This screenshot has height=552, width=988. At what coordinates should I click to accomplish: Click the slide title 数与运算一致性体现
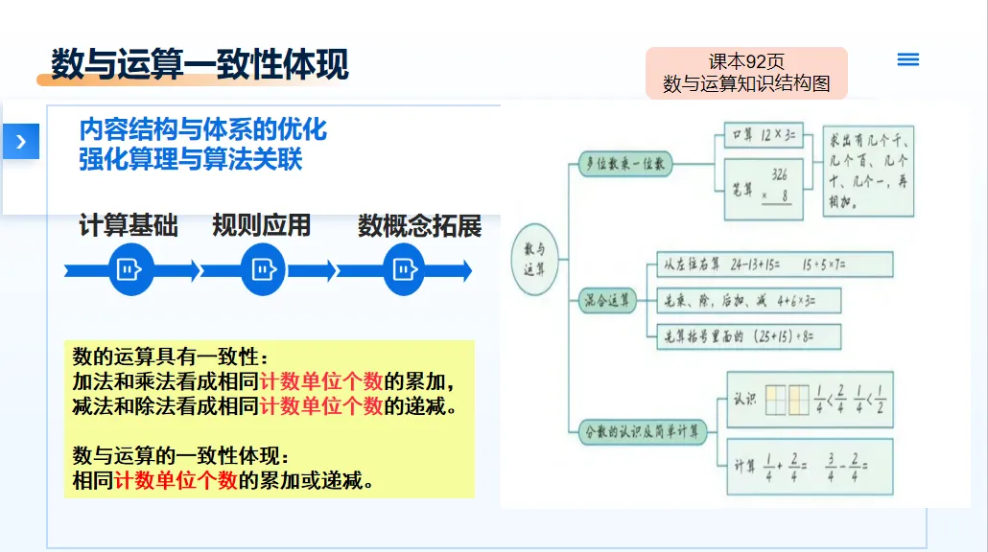[x=200, y=65]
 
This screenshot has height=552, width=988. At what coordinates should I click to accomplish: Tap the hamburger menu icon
[x=907, y=59]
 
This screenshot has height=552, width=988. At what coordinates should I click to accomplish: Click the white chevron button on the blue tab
[x=21, y=141]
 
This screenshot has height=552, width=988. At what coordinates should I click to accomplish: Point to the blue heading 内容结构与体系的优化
[x=203, y=128]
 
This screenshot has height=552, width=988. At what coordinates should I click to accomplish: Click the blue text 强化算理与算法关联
[x=191, y=158]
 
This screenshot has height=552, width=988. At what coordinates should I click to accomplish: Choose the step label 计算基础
[x=129, y=226]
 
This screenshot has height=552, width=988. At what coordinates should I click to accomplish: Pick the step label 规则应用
[x=262, y=226]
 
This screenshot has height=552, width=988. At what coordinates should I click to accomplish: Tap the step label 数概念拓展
[x=419, y=226]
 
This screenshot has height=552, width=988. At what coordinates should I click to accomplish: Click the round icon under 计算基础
[x=129, y=270]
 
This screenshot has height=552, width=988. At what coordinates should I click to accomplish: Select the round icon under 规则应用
[x=263, y=270]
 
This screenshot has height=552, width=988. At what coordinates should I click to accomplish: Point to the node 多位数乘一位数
[x=626, y=164]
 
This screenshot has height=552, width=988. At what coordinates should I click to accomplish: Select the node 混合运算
[x=609, y=301]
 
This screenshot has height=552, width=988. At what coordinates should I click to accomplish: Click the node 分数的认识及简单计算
[x=644, y=432]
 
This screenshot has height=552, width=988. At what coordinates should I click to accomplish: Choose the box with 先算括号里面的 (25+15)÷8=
[x=745, y=336]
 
